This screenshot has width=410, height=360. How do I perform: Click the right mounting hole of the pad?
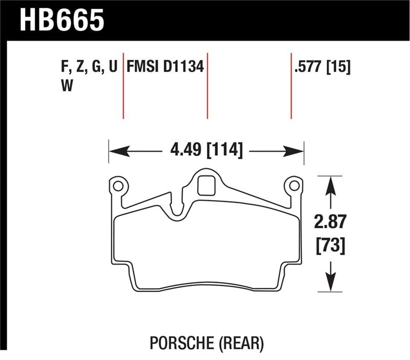click(294, 185)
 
